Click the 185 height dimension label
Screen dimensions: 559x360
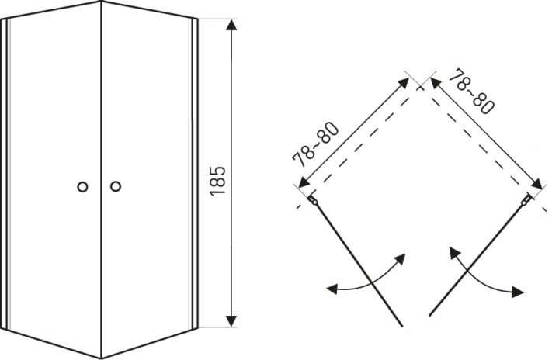pyautogui.click(x=218, y=181)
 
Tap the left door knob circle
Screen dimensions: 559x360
pyautogui.click(x=82, y=187)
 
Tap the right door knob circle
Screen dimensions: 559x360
pyautogui.click(x=116, y=186)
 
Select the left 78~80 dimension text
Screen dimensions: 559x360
pyautogui.click(x=314, y=144)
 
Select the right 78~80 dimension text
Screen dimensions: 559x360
pyautogui.click(x=471, y=92)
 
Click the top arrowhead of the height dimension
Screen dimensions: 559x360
pyautogui.click(x=231, y=24)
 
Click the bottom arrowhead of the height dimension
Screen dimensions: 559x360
pyautogui.click(x=231, y=320)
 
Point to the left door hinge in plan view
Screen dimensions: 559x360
pyautogui.click(x=313, y=200)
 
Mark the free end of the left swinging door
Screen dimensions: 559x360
pyautogui.click(x=402, y=326)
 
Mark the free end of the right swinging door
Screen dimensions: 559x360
pyautogui.click(x=429, y=315)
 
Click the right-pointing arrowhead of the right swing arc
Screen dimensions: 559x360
pyautogui.click(x=518, y=292)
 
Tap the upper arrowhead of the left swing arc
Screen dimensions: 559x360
pyautogui.click(x=401, y=258)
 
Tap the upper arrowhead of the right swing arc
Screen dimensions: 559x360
pyautogui.click(x=453, y=251)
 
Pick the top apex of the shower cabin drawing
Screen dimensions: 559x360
pyautogui.click(x=101, y=1)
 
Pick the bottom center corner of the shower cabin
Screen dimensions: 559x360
pyautogui.click(x=102, y=358)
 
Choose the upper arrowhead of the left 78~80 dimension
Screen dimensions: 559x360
pyautogui.click(x=404, y=83)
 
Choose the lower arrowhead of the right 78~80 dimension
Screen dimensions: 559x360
pyautogui.click(x=537, y=185)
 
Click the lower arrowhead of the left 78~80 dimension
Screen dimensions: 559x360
pyautogui.click(x=303, y=183)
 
